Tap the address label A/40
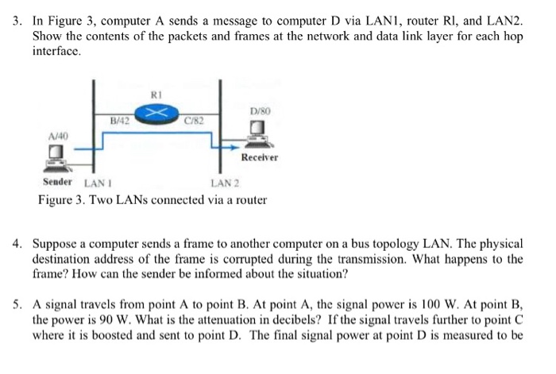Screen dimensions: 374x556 58,136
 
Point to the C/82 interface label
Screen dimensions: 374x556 194,121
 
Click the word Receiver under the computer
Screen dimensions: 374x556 260,157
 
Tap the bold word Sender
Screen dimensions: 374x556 58,182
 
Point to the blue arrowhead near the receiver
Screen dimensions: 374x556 235,145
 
